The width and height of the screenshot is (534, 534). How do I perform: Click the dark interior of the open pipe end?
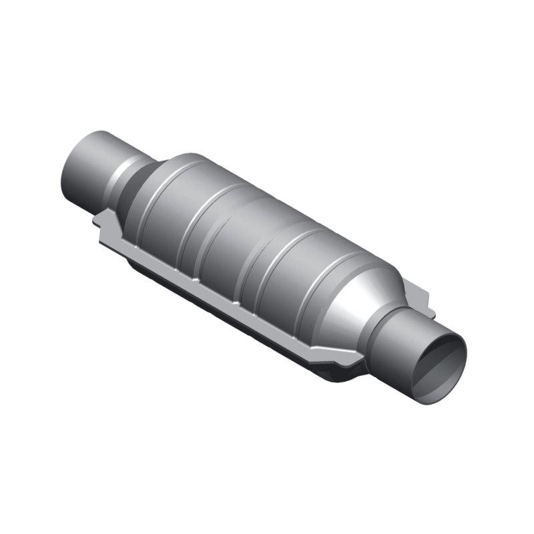tap(439, 364)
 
